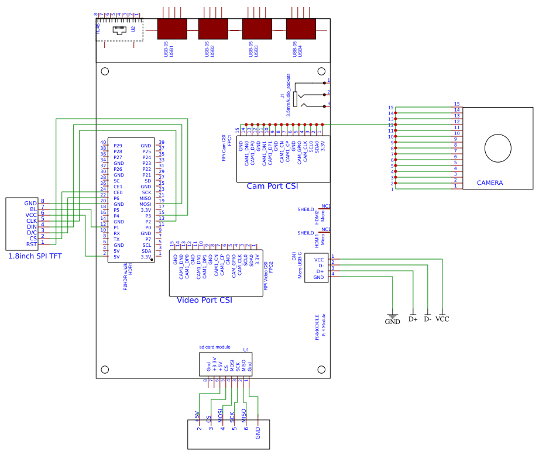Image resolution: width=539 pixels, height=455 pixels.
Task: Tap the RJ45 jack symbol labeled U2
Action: [119, 30]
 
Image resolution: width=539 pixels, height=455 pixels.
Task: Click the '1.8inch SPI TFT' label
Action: [35, 256]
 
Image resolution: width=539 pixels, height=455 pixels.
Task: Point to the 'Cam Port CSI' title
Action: [272, 185]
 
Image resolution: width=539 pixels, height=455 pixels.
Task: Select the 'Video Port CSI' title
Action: [204, 300]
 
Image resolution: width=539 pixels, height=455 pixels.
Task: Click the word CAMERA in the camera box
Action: [490, 183]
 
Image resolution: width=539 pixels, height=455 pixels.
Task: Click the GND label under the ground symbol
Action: [392, 321]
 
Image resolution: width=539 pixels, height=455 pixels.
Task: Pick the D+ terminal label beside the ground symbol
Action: [413, 319]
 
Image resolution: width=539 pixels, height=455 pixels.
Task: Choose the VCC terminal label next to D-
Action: [442, 319]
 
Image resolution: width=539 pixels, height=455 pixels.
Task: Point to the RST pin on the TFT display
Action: [32, 244]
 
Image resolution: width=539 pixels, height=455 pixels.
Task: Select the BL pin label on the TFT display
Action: [33, 209]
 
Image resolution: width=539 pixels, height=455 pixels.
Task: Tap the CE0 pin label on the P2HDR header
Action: [118, 192]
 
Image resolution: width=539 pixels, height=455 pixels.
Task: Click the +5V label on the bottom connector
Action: [198, 416]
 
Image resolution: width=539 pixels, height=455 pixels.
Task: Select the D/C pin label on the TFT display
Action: [32, 233]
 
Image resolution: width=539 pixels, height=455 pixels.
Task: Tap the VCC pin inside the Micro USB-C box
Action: [319, 260]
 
